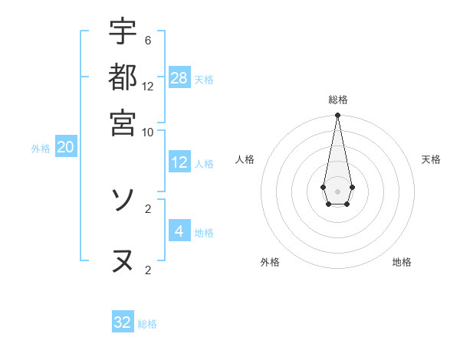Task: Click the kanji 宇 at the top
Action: pyautogui.click(x=123, y=32)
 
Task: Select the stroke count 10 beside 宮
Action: pyautogui.click(x=147, y=131)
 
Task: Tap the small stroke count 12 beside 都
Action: pyautogui.click(x=147, y=86)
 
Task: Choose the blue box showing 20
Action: pyautogui.click(x=65, y=148)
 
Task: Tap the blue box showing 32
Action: pyautogui.click(x=123, y=322)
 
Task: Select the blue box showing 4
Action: pyautogui.click(x=179, y=231)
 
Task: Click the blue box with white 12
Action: pyautogui.click(x=179, y=162)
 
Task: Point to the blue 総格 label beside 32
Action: pyautogui.click(x=147, y=324)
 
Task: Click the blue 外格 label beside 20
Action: pyautogui.click(x=41, y=149)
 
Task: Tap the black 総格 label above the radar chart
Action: pyautogui.click(x=337, y=100)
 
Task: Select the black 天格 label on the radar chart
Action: pyautogui.click(x=431, y=159)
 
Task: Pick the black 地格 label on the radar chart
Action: pyautogui.click(x=402, y=262)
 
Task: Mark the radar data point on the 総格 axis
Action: pyautogui.click(x=337, y=116)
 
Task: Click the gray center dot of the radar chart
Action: pyautogui.click(x=337, y=191)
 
